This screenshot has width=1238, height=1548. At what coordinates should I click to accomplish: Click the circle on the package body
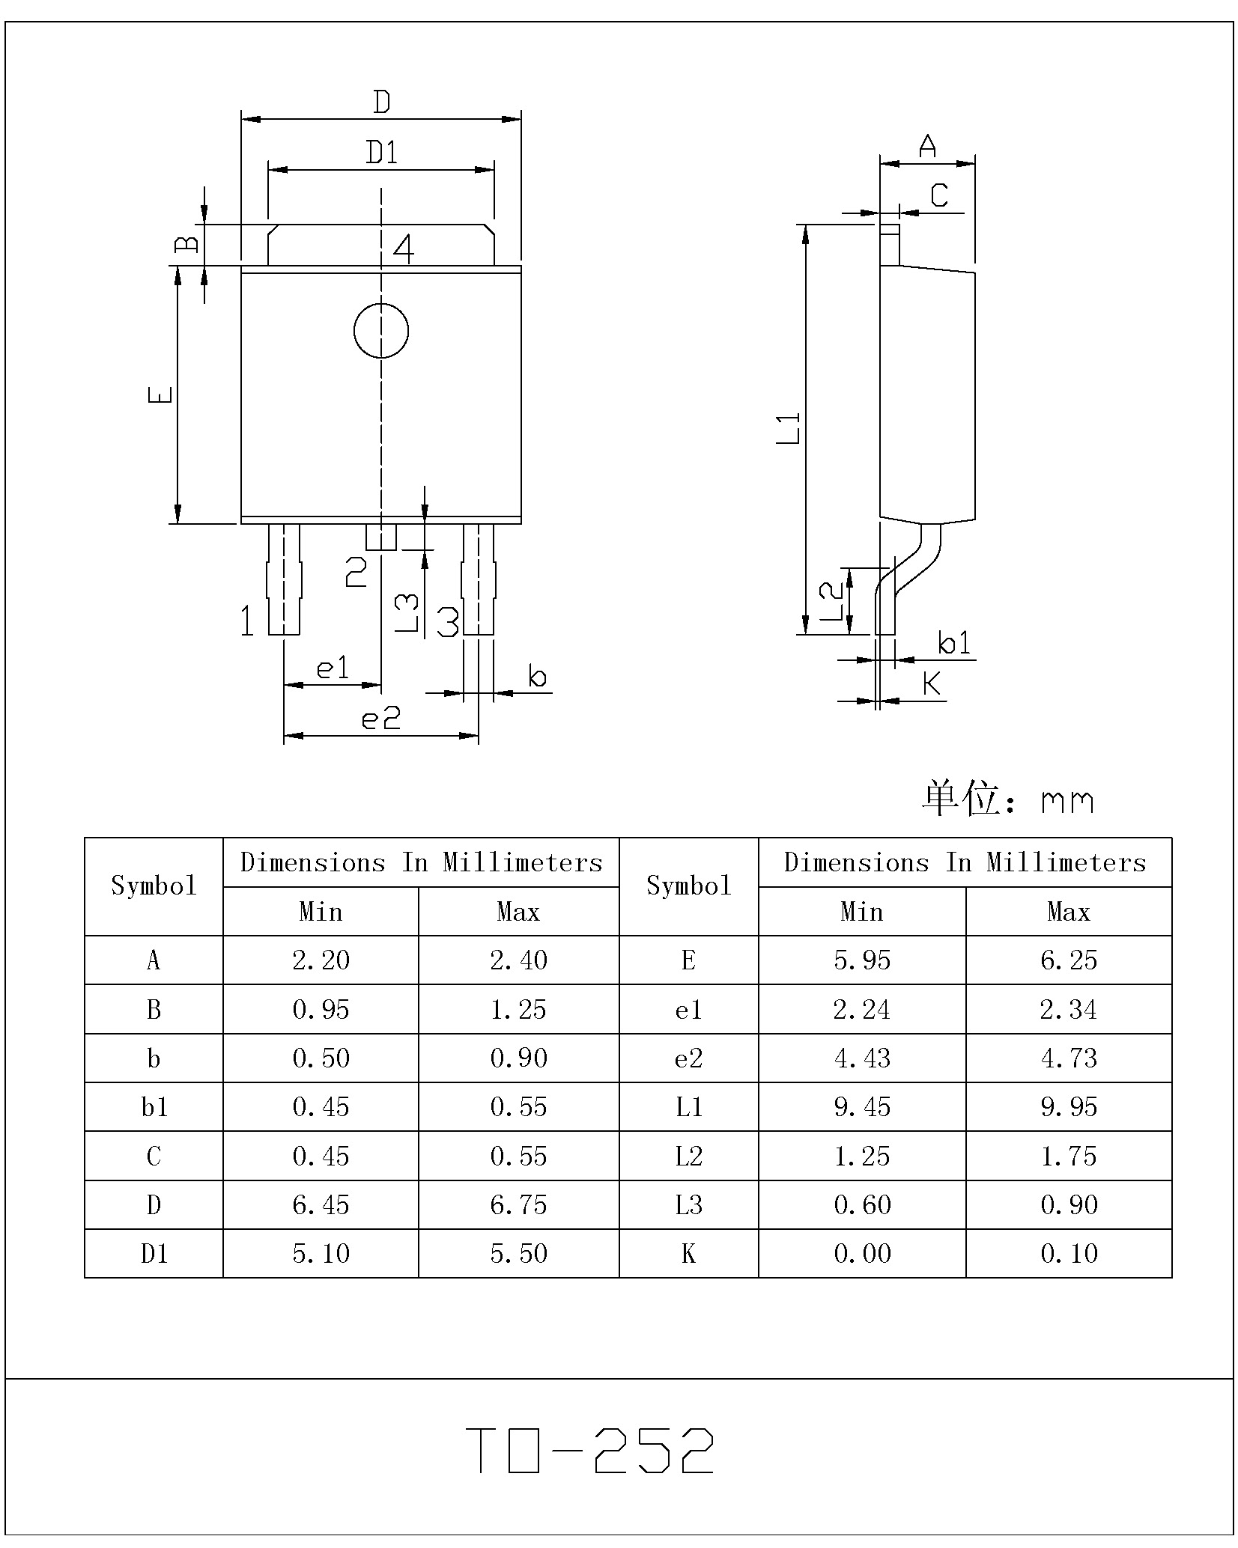coord(380,331)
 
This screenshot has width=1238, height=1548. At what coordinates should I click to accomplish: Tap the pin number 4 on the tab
coord(404,249)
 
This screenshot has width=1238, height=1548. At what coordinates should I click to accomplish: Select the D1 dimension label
coord(381,153)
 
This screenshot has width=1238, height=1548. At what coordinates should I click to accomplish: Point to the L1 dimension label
coord(788,428)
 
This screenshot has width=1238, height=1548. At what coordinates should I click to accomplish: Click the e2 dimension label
coord(380,719)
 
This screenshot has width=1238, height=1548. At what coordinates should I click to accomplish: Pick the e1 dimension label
coord(333,668)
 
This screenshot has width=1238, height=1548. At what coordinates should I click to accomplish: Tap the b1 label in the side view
coord(954,642)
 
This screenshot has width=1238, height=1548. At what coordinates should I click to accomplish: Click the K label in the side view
coord(932,683)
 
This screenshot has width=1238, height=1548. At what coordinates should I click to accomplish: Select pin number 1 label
coord(247,621)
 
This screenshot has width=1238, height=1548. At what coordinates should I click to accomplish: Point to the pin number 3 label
coord(447,621)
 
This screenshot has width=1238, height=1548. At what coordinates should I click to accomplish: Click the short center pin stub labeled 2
coord(380,537)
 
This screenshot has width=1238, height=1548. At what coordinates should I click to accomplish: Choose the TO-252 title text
coord(589,1450)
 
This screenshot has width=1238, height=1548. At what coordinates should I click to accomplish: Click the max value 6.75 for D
coord(518,1204)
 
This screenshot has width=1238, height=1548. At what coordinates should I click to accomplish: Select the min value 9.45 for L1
coord(862,1106)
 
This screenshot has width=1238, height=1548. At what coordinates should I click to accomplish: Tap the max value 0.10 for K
coord(1069,1253)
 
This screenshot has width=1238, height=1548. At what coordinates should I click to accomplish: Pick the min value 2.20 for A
coord(321,960)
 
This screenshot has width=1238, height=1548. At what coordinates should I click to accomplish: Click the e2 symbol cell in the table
coord(688,1058)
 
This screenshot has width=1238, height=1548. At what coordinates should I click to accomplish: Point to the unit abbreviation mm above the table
coord(1067,802)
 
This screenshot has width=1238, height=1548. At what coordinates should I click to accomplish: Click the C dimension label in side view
coord(938,195)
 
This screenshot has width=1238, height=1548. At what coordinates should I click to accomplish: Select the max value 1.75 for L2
coord(1069,1156)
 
